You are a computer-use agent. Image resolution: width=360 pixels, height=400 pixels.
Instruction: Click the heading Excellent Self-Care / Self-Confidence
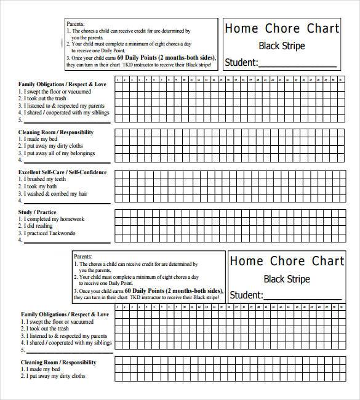(62, 172)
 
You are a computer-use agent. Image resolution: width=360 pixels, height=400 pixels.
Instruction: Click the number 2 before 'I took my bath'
(20, 186)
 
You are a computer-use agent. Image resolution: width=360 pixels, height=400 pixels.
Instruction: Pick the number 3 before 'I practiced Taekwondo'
(20, 233)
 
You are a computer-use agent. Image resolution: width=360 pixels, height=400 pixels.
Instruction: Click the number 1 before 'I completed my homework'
(20, 219)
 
